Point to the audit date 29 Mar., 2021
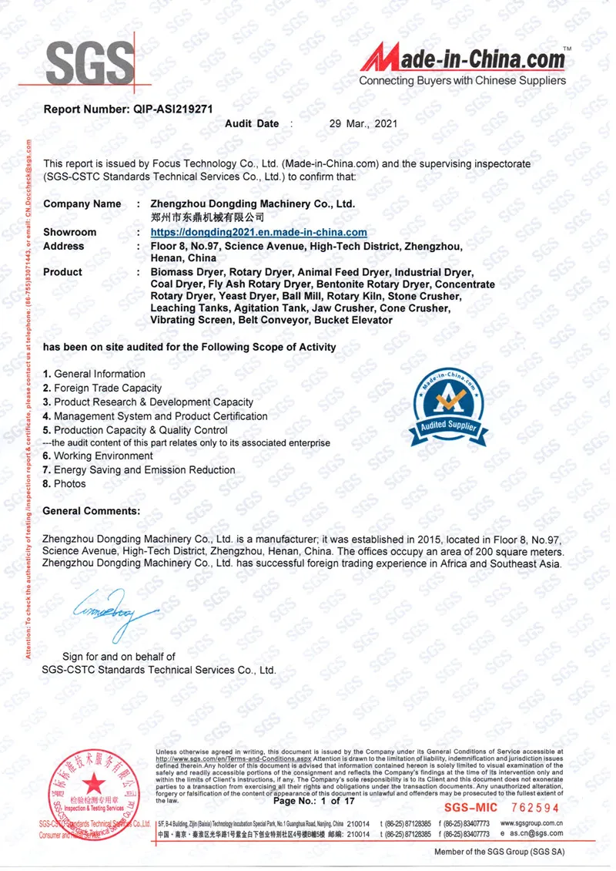363,123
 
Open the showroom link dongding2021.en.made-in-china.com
259,232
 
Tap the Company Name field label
82,204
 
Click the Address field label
64,246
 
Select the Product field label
63,272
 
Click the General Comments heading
92,511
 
